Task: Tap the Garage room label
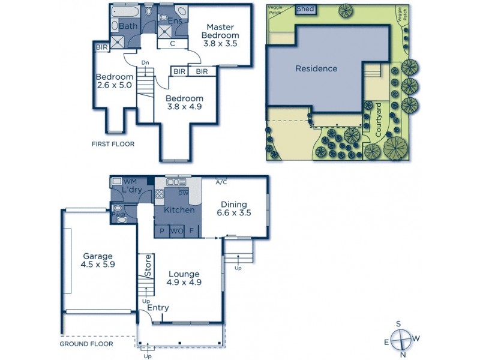[x=98, y=260]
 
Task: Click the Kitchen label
[x=179, y=210]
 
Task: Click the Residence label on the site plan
[x=316, y=68]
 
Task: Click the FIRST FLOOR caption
[x=113, y=144]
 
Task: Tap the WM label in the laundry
[x=130, y=181]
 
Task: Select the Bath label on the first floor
[x=128, y=26]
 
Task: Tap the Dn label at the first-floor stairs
[x=145, y=62]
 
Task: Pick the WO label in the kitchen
[x=176, y=230]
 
